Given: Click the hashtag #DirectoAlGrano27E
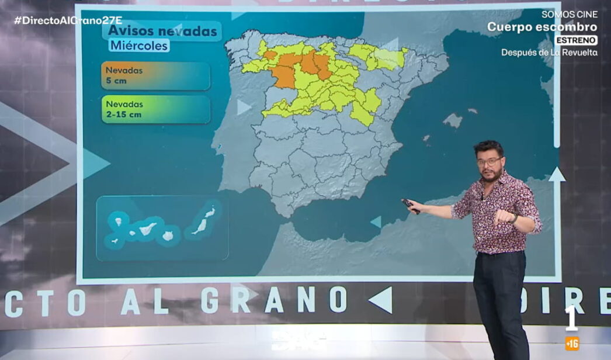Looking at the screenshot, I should (x=64, y=20).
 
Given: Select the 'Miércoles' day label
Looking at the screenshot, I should (x=139, y=45).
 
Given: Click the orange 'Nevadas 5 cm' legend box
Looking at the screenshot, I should (x=155, y=76).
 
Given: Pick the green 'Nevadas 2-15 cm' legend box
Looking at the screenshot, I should (x=155, y=109).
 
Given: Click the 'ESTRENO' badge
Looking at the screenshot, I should (x=576, y=40).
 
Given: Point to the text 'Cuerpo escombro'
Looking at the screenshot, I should (x=542, y=27).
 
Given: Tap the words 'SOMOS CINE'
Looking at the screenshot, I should (x=569, y=14).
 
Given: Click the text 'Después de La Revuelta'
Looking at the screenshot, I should (x=549, y=53).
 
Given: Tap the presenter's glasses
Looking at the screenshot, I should (x=489, y=161).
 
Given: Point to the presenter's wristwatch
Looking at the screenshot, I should (x=513, y=218).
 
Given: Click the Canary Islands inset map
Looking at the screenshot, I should (x=162, y=227).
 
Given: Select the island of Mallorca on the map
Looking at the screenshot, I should (x=453, y=120).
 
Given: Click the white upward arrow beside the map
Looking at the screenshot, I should (x=557, y=174).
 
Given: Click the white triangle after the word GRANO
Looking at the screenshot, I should (x=380, y=300).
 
